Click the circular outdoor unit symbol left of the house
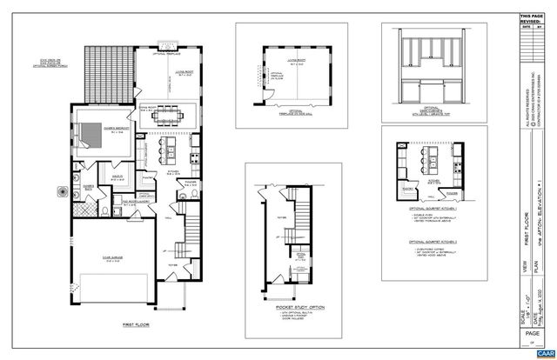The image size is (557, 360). [62, 189]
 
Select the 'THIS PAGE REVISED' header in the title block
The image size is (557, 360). [530, 18]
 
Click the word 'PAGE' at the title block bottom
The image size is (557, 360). [530, 331]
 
